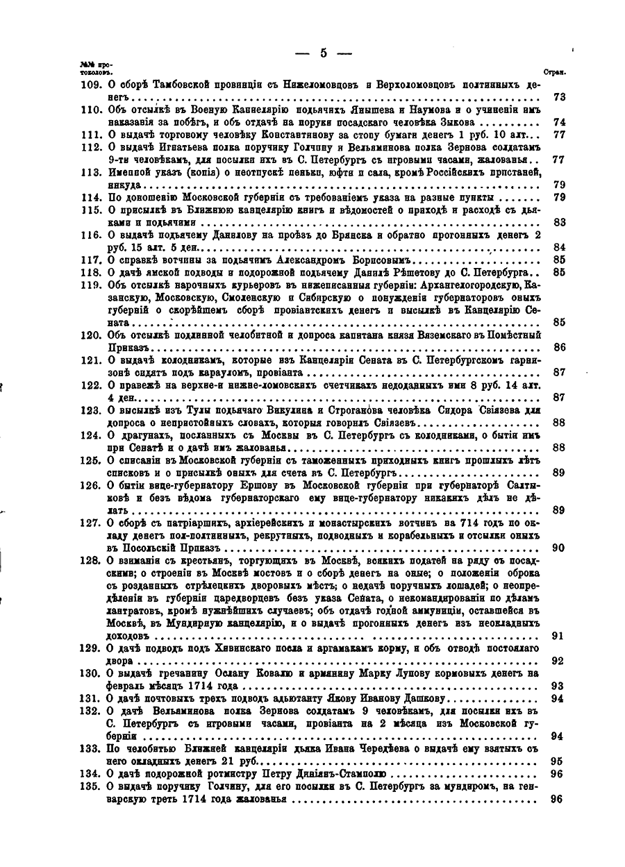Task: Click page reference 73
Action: point(558,97)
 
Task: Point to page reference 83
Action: point(558,223)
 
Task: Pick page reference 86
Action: point(558,347)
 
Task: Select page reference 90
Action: point(558,548)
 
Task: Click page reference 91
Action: point(558,635)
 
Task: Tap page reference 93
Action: point(558,686)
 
